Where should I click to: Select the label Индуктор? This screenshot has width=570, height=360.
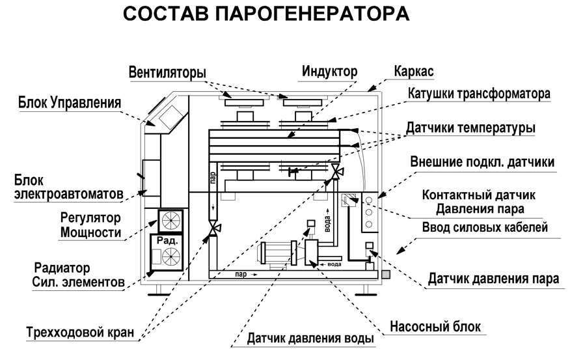[329, 71]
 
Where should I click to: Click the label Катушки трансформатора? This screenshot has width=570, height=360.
[479, 93]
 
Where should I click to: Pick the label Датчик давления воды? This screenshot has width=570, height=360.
[310, 339]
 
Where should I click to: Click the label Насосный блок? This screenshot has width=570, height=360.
[435, 326]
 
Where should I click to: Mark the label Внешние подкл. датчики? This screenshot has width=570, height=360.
[483, 162]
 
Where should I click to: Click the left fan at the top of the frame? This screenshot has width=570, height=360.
[243, 101]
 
